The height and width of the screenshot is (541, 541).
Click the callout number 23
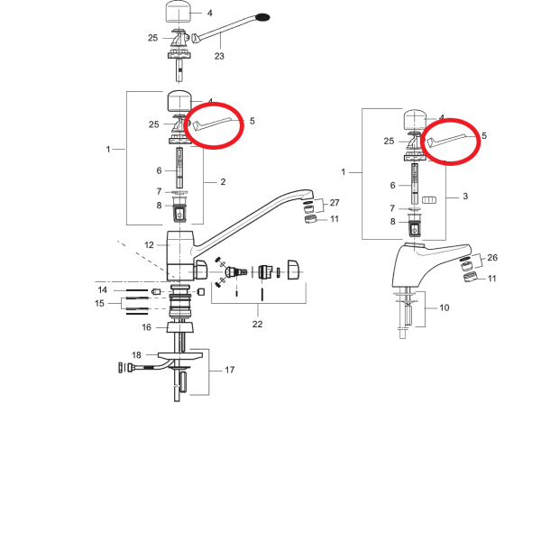point(219,56)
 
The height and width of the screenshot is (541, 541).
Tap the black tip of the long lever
point(263,17)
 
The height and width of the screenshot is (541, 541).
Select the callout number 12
point(149,245)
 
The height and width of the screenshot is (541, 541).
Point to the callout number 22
point(257,324)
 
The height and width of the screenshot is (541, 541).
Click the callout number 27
point(335,203)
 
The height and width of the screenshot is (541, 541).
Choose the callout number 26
point(492,257)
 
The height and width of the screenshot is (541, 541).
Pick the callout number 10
point(445,307)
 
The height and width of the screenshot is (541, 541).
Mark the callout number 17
point(230,370)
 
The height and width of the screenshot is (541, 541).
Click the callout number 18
point(137,354)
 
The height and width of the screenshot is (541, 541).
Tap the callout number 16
point(147,327)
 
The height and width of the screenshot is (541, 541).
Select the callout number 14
point(103,289)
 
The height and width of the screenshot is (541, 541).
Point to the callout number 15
point(99,303)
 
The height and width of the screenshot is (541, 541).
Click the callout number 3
point(465,197)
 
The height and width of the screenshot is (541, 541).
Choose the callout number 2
point(223,182)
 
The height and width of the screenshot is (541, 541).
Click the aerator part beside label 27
point(308,209)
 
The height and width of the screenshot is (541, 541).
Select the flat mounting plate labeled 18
point(180,355)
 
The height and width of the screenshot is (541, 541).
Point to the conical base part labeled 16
point(179,327)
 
